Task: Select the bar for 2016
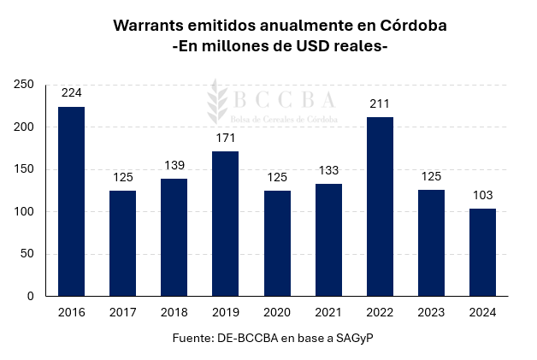click(71, 201)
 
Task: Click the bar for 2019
click(225, 223)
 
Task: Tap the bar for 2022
click(380, 206)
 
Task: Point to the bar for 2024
click(482, 252)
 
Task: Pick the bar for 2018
click(174, 237)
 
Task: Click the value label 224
click(71, 92)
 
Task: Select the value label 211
click(380, 103)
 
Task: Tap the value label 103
click(482, 195)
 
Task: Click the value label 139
click(174, 165)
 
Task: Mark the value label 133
click(328, 170)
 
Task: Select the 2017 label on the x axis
click(122, 312)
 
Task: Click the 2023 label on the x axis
click(431, 312)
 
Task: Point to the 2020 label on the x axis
click(276, 312)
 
